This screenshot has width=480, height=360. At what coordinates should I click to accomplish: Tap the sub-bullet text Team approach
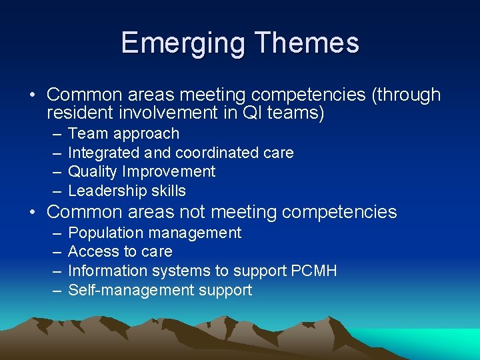point(124,134)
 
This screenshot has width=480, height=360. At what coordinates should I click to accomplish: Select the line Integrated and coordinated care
point(181,153)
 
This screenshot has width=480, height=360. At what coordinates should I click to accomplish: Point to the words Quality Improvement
point(142,171)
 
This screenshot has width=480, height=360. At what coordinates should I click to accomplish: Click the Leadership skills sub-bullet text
point(127,191)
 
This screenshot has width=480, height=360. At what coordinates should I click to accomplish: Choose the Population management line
point(155,233)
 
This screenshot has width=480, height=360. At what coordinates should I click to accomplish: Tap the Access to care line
point(120,251)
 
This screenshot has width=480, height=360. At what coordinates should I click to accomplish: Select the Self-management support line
point(160,290)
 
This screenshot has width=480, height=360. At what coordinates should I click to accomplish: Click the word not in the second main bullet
point(194,213)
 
